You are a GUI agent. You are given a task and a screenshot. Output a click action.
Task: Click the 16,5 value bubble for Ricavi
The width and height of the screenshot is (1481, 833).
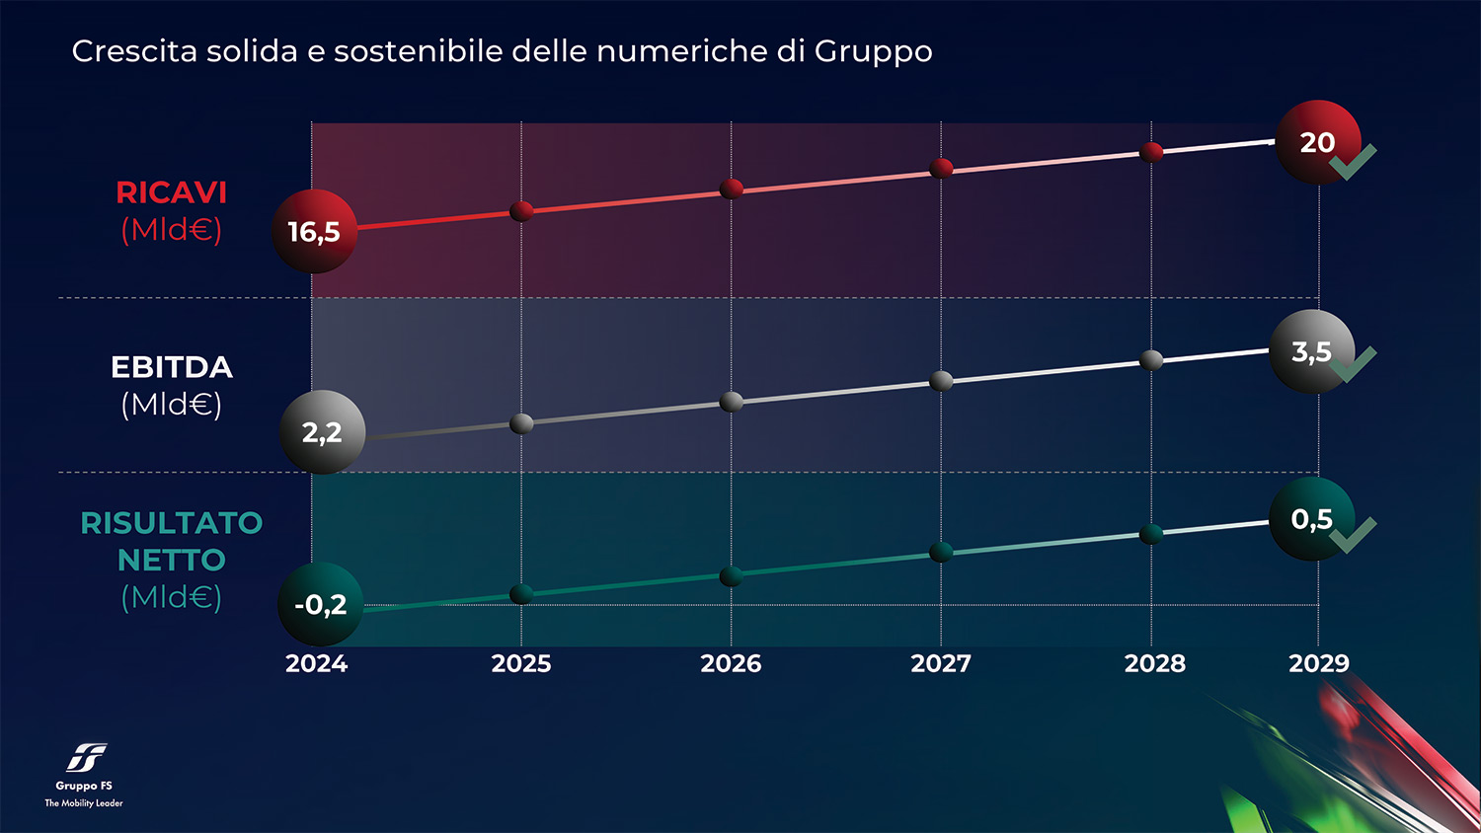pos(314,231)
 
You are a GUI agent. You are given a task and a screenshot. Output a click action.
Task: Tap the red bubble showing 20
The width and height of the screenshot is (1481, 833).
pos(1318,142)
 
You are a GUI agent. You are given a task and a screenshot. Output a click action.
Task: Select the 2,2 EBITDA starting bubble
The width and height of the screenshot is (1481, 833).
pos(323,432)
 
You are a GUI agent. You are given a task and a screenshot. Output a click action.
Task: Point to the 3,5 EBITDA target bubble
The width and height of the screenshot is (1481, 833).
pos(1312,351)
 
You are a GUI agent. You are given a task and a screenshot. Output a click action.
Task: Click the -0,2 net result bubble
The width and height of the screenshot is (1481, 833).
pos(321,604)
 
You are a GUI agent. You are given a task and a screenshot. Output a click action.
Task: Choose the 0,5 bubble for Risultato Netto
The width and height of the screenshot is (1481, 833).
pos(1312,519)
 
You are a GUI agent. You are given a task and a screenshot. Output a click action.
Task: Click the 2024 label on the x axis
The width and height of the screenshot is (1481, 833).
pos(316,663)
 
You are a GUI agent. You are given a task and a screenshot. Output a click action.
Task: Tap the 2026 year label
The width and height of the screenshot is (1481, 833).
pos(731,663)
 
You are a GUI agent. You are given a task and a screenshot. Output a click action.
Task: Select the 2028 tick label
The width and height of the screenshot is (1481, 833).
pos(1154,663)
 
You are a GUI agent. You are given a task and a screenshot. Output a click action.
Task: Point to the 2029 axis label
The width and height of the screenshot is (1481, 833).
pos(1318,663)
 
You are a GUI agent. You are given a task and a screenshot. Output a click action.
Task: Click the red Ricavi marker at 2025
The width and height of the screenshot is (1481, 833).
pos(521,210)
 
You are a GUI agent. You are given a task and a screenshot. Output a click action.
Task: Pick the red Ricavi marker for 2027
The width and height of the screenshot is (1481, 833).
pos(941,168)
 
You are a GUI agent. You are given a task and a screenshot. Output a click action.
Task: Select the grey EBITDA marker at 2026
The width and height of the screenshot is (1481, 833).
pos(732,402)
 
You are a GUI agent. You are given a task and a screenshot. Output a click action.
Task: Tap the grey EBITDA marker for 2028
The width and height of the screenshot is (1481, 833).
pos(1151,360)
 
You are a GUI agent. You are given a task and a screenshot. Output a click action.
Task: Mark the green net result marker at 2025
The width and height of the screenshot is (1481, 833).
pos(521,593)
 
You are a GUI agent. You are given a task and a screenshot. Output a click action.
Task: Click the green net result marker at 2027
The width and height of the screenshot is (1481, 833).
pos(941,552)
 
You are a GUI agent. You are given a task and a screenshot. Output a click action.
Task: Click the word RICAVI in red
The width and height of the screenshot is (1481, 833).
pos(171,192)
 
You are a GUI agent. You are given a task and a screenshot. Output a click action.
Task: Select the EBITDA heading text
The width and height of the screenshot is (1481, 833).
pos(171,367)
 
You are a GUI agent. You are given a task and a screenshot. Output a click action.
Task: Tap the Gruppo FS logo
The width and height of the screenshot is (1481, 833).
pos(86,758)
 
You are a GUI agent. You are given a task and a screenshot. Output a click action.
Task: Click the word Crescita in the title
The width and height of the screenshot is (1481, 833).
pos(134,51)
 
